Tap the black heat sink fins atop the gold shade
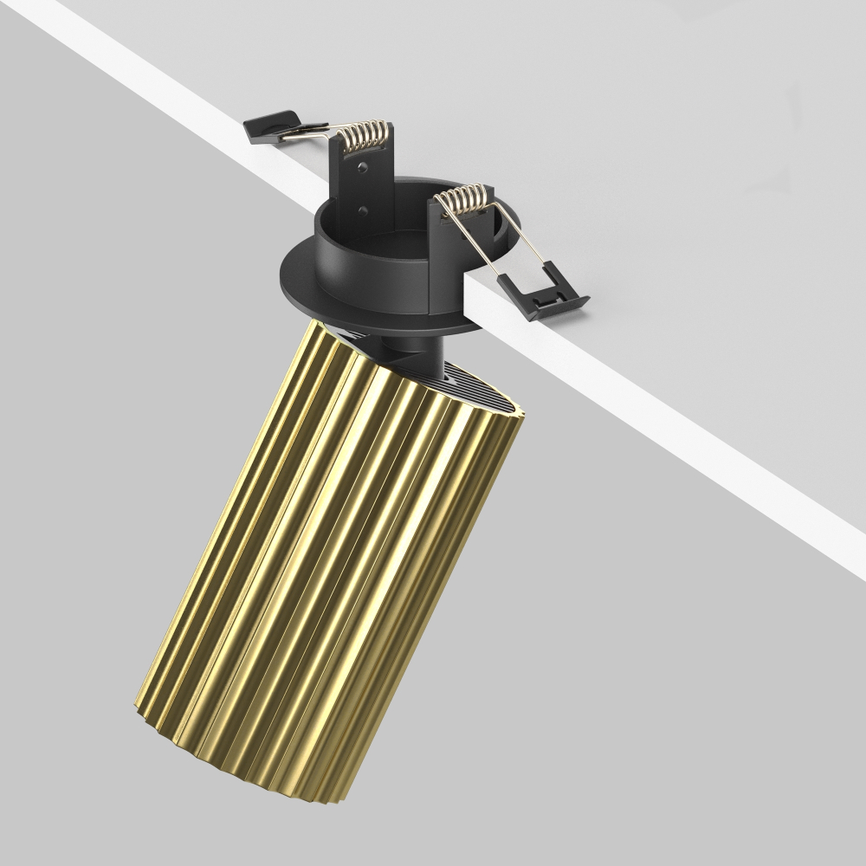point(485,390)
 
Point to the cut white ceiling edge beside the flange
point(485,303)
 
